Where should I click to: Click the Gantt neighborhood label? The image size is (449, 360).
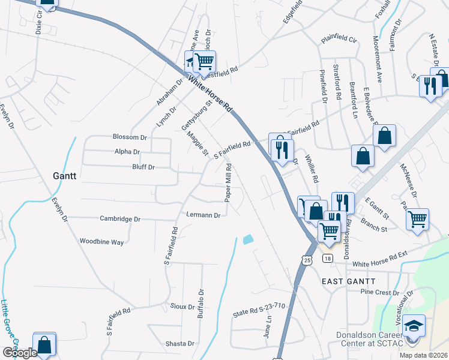pyautogui.click(x=64, y=176)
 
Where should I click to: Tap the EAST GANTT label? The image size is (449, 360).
pyautogui.click(x=348, y=281)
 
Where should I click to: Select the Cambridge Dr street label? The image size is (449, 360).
pyautogui.click(x=120, y=219)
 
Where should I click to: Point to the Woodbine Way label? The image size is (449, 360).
pyautogui.click(x=101, y=242)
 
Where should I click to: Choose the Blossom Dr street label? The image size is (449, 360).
pyautogui.click(x=130, y=137)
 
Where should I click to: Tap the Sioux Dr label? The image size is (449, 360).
pyautogui.click(x=182, y=307)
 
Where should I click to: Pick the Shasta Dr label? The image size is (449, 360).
pyautogui.click(x=180, y=344)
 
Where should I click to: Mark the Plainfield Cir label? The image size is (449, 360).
pyautogui.click(x=339, y=41)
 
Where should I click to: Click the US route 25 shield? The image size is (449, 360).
pyautogui.click(x=307, y=260)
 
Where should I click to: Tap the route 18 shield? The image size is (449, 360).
pyautogui.click(x=327, y=259)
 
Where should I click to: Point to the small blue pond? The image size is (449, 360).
pyautogui.click(x=248, y=239)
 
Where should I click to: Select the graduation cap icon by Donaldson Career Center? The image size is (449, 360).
pyautogui.click(x=414, y=327)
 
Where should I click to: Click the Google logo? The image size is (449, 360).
pyautogui.click(x=20, y=353)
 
